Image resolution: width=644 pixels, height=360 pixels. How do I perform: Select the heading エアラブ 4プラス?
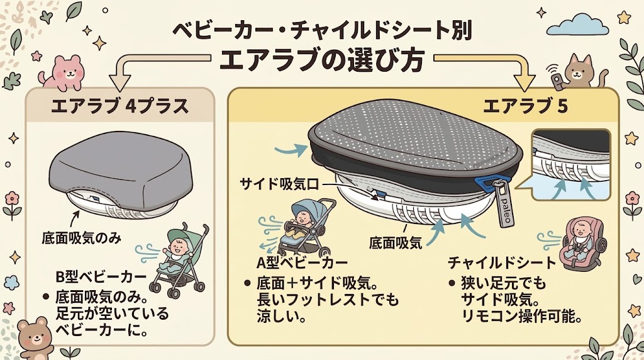coord(120,106)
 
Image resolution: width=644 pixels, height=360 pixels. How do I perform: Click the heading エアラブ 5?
coord(525,106)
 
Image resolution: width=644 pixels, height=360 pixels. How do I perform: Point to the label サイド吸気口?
coord(279,184)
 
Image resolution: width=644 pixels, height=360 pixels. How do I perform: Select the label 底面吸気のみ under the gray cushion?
coord(82,238)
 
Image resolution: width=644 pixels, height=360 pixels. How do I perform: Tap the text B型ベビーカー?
coord(101,276)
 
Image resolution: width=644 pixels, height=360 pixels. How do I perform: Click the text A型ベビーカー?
coord(302,262)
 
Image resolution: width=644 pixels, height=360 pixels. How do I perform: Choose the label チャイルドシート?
coord(502,262)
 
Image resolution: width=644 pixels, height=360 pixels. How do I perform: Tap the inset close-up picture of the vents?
coord(571,165)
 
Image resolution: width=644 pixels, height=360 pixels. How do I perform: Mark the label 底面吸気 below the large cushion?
coord(395,242)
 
